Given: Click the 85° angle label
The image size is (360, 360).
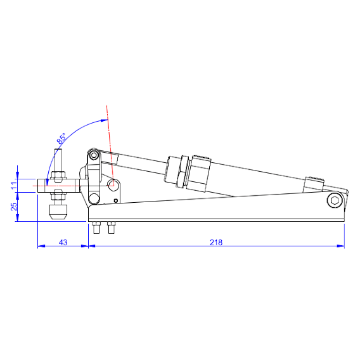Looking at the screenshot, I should [x=62, y=138].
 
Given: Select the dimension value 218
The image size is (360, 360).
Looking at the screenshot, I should [x=215, y=241].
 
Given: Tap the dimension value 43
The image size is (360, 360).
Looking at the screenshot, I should [x=63, y=241].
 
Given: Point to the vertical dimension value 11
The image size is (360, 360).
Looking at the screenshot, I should [x=13, y=184].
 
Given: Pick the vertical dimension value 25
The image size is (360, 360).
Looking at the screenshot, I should [x=13, y=207].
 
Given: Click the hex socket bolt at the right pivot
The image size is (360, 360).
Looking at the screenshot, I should [x=335, y=201].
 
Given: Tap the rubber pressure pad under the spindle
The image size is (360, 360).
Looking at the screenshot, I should [x=58, y=211].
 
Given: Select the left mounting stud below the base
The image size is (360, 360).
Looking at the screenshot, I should [x=96, y=229].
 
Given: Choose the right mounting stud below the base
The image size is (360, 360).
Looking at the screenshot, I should [x=112, y=229].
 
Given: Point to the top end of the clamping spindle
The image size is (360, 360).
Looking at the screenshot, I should [x=58, y=152].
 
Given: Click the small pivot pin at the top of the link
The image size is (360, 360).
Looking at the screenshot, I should [x=93, y=155].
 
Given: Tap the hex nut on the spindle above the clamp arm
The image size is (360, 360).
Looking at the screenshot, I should [x=58, y=175].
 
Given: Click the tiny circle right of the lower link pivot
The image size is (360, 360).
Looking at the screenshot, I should [x=115, y=201].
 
